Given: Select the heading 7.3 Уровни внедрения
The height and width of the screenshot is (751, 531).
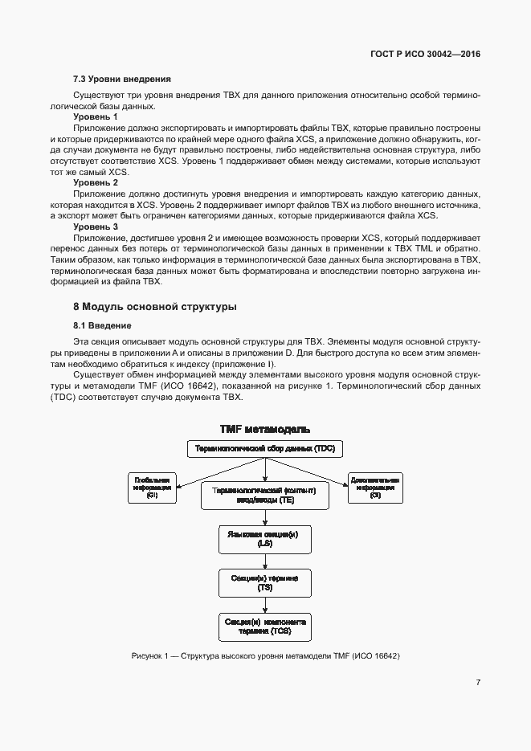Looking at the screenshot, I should [121, 80].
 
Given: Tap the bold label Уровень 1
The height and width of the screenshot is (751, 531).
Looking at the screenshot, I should [96, 116].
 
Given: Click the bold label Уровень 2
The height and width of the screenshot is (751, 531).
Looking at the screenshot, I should [96, 183].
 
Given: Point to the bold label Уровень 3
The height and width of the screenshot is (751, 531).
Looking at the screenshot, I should [96, 227].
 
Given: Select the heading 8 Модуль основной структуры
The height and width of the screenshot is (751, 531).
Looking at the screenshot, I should [154, 307].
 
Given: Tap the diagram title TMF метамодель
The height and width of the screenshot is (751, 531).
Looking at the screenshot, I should [265, 431].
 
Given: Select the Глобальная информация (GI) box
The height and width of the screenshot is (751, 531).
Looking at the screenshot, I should [153, 488].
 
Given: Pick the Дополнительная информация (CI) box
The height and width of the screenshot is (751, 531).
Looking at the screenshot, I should [375, 488].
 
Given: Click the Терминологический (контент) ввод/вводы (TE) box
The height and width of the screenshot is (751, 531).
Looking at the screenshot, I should [265, 495].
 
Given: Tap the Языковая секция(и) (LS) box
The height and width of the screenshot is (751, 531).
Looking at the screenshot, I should [265, 539].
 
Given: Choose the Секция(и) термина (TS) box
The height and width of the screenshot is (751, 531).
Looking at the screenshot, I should [265, 583].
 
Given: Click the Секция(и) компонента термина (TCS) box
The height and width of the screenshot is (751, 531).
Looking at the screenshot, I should [265, 627].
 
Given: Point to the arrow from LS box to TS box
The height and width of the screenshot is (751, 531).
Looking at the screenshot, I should [265, 561].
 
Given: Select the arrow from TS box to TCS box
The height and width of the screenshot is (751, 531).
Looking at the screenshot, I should [265, 605].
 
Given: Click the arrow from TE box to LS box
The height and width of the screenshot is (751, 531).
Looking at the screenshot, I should [265, 516].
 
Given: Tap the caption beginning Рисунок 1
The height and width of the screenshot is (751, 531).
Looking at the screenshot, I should [265, 657].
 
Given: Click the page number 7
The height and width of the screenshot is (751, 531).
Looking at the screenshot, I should [478, 683].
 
